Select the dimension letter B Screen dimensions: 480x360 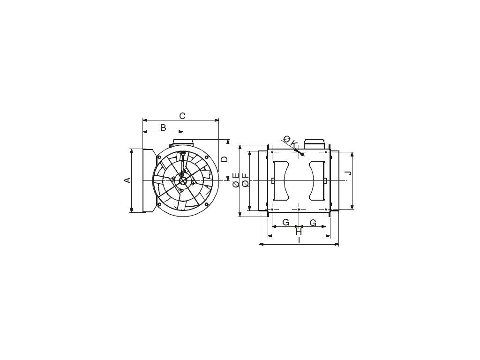(163, 127)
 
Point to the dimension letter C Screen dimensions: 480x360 (182, 116)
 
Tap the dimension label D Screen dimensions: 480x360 (225, 159)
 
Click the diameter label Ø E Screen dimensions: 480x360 (236, 180)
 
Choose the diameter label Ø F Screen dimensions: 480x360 (245, 180)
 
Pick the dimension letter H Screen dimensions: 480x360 (299, 232)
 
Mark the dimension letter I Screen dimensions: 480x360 (299, 240)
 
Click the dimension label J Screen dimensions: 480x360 (348, 173)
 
